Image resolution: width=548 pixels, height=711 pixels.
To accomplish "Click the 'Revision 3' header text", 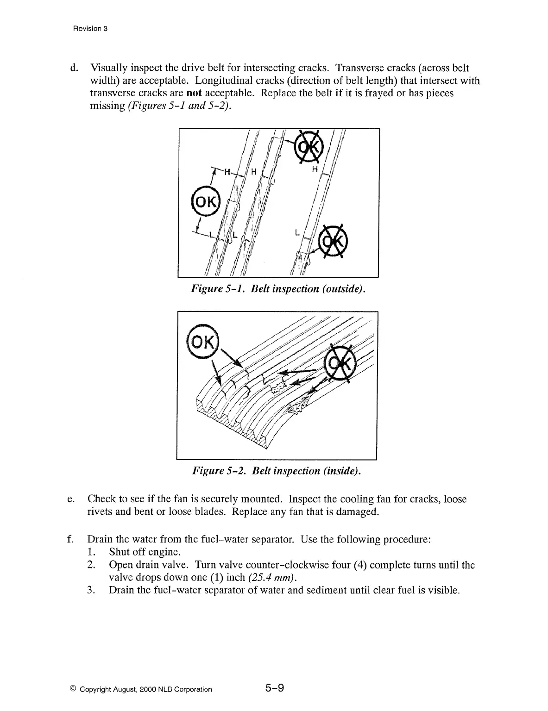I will tap(90, 29).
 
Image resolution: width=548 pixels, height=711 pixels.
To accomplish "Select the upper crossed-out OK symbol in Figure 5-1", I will tap(309, 146).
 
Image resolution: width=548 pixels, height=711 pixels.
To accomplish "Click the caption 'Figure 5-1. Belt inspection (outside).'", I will tap(278, 289).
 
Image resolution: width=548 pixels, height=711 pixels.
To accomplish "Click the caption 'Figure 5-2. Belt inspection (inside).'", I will tap(277, 471).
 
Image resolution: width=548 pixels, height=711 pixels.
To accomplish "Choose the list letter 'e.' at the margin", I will tap(71, 499).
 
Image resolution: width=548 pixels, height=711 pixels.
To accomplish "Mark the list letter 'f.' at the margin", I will tap(70, 540).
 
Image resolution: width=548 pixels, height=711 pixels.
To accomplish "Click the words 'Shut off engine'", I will tap(144, 552).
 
